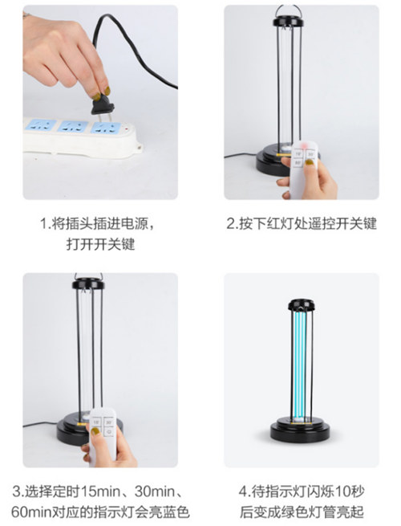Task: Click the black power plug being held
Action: [x=103, y=106]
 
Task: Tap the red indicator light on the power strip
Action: [x=127, y=128]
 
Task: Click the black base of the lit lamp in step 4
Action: [x=300, y=430]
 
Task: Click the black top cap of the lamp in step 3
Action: [x=88, y=284]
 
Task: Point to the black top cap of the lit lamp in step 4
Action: [x=302, y=305]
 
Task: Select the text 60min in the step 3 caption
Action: [x=30, y=512]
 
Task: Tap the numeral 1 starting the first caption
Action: [x=43, y=224]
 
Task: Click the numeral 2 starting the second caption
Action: [x=231, y=224]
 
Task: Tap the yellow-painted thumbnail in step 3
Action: [x=95, y=431]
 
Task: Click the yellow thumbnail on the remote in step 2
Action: [x=309, y=163]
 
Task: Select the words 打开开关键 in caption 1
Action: [x=100, y=244]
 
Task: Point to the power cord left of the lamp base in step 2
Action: [x=241, y=155]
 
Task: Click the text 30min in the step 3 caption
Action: [x=155, y=491]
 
